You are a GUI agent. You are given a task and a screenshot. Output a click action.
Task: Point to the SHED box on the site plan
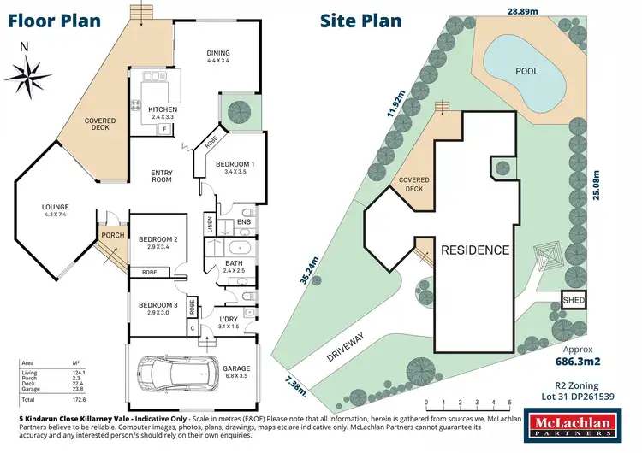point(573,300)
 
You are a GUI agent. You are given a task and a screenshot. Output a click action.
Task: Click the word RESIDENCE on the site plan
point(475,251)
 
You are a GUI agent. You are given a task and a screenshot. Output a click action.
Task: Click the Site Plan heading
point(361,21)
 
